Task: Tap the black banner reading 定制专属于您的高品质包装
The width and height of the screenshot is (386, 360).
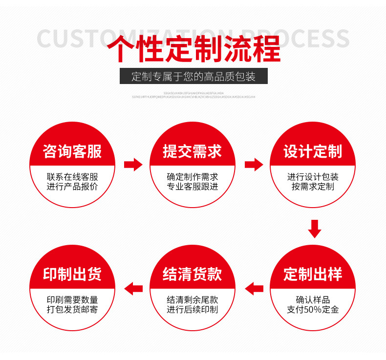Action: (193, 76)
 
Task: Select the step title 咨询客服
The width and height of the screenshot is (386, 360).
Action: (72, 151)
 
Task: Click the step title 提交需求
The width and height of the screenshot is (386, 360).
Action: (193, 151)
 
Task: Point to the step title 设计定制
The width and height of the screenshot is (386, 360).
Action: (313, 151)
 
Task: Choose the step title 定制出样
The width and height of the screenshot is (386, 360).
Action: (313, 274)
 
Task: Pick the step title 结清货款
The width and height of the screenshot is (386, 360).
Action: (193, 274)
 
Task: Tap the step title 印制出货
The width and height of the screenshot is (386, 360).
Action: (72, 274)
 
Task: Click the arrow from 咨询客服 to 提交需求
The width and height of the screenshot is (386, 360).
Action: (133, 165)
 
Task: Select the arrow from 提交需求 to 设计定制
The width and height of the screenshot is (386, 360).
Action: (254, 165)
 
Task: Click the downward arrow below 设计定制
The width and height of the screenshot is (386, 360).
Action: (315, 228)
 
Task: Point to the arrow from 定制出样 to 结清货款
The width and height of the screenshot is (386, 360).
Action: (254, 289)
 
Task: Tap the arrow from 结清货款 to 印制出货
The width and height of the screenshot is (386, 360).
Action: (133, 289)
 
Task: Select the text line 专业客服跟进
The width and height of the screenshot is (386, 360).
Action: (193, 187)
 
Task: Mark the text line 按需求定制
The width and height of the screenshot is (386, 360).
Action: (313, 187)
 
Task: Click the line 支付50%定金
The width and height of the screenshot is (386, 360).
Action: (313, 310)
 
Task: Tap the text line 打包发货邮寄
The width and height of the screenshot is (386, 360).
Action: (72, 310)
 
